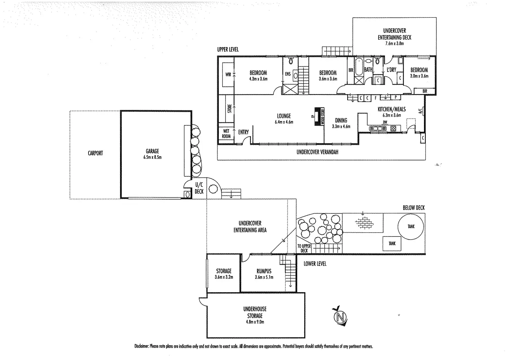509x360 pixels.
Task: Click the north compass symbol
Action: pyautogui.click(x=340, y=316)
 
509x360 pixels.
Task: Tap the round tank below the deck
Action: pyautogui.click(x=411, y=227)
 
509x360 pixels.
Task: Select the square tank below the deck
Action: pyautogui.click(x=392, y=244)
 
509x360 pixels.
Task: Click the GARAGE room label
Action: pyautogui.click(x=152, y=151)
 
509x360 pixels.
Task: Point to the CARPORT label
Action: pyautogui.click(x=95, y=153)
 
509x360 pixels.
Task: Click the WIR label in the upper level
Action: pyautogui.click(x=228, y=74)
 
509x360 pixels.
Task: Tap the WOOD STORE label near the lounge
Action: pyautogui.click(x=322, y=117)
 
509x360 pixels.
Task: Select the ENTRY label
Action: pyautogui.click(x=243, y=132)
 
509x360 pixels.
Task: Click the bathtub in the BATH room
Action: pyautogui.click(x=359, y=67)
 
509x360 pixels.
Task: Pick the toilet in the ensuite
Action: pyautogui.click(x=290, y=61)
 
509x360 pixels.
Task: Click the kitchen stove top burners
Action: pyautogui.click(x=394, y=129)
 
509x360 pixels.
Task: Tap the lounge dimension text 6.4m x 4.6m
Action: pyautogui.click(x=284, y=122)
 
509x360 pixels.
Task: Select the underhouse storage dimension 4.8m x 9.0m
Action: pyautogui.click(x=255, y=322)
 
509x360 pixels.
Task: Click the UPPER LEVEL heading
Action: pyautogui.click(x=228, y=49)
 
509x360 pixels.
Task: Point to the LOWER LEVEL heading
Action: pyautogui.click(x=315, y=264)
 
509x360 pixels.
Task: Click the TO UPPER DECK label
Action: pyautogui.click(x=304, y=248)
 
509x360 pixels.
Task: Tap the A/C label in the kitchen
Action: pyautogui.click(x=420, y=111)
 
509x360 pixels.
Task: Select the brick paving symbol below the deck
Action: pyautogui.click(x=364, y=223)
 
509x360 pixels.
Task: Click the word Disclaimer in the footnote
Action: pyautogui.click(x=141, y=347)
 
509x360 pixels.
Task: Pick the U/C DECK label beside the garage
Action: pyautogui.click(x=199, y=188)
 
